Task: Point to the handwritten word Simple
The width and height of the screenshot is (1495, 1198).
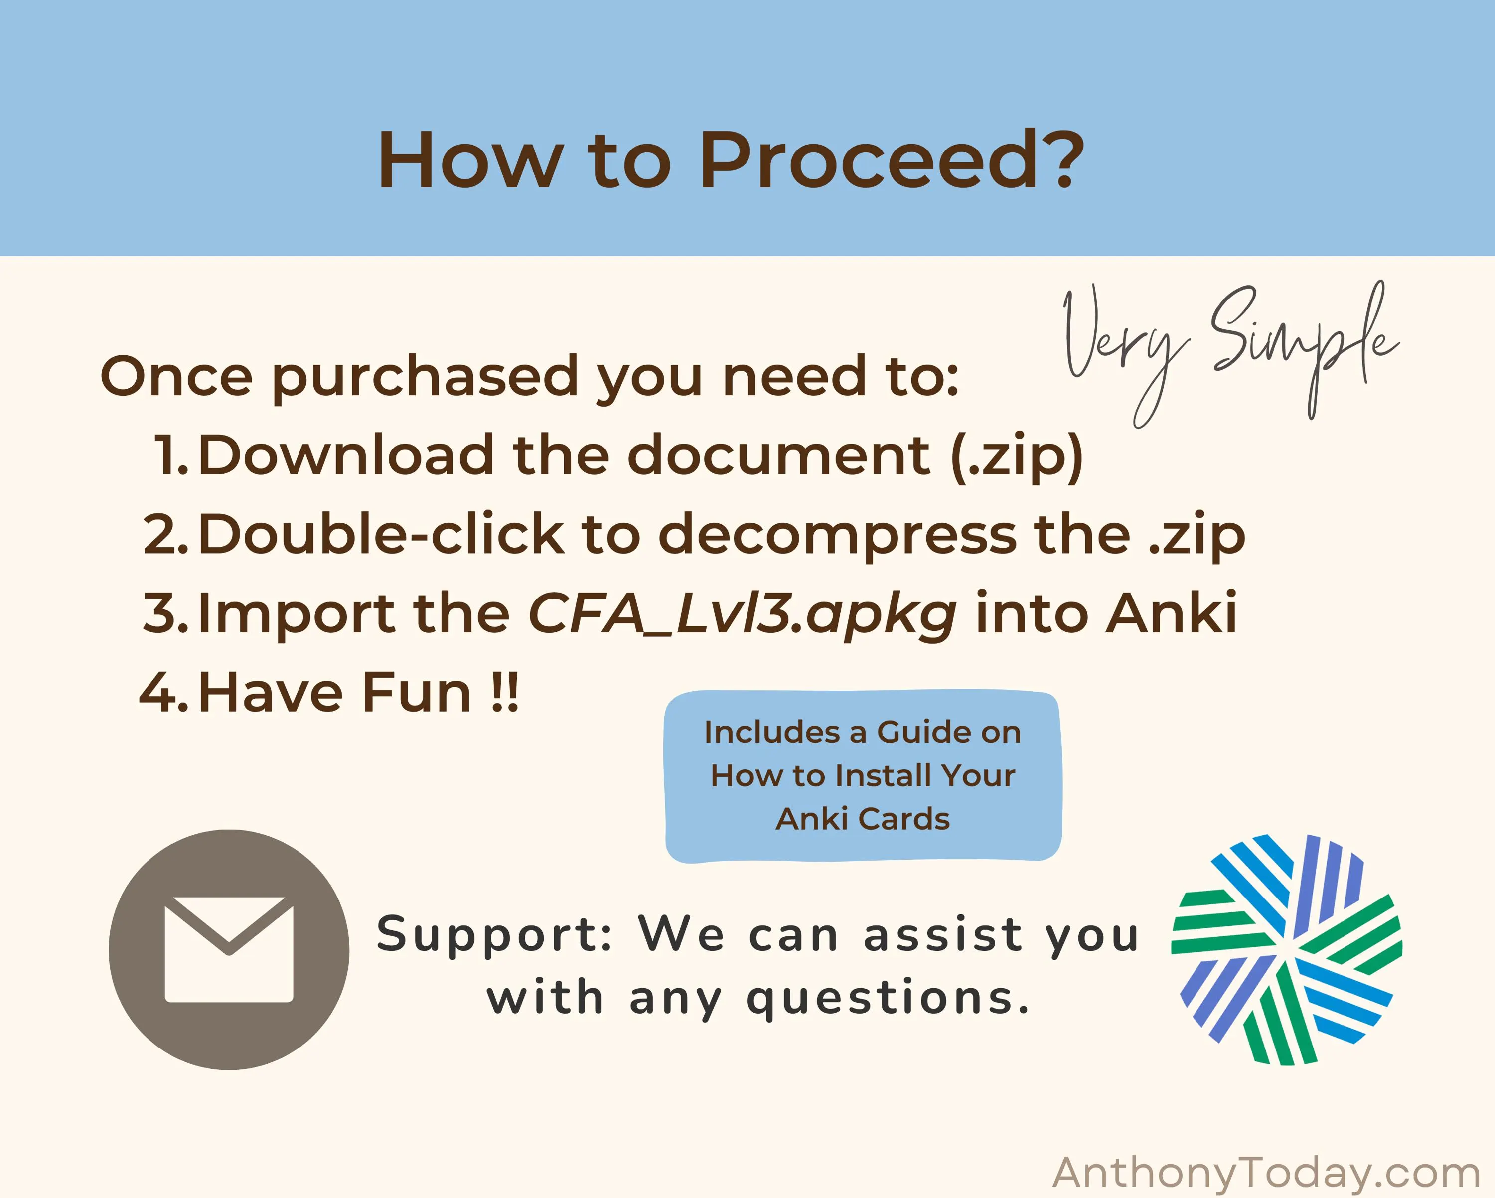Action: pyautogui.click(x=1304, y=347)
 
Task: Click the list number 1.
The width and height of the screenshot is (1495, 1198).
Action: pyautogui.click(x=170, y=455)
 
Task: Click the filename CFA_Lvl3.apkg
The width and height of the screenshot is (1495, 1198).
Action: pyautogui.click(x=743, y=615)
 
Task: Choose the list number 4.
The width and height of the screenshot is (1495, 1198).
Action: pyautogui.click(x=163, y=692)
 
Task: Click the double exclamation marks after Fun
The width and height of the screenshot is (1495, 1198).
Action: pyautogui.click(x=504, y=692)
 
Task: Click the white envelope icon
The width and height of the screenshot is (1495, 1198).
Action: pyautogui.click(x=229, y=950)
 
